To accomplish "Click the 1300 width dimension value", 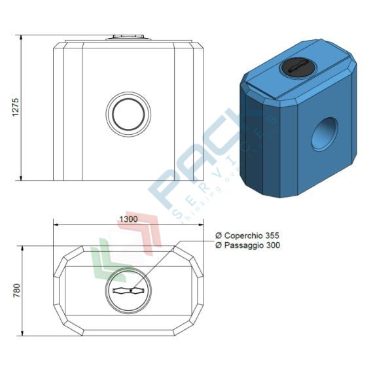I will click(x=128, y=219).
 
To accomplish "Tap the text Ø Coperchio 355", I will click(x=247, y=236).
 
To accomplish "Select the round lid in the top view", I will click(x=128, y=291).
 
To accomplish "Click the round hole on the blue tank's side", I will click(x=325, y=133).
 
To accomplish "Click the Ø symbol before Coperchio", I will click(x=219, y=236).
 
